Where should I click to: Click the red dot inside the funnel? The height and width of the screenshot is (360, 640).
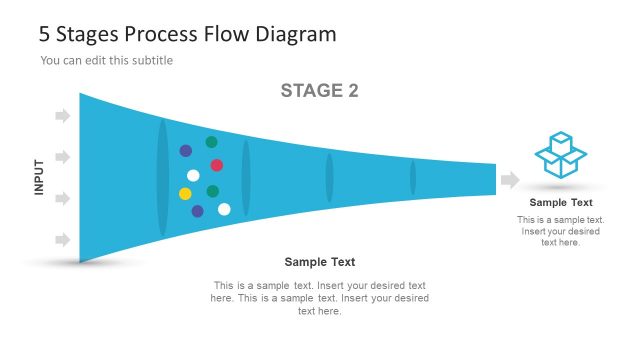pyautogui.click(x=217, y=165)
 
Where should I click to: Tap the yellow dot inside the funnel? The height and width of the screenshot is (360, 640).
pyautogui.click(x=185, y=193)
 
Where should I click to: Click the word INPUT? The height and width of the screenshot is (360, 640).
pyautogui.click(x=40, y=177)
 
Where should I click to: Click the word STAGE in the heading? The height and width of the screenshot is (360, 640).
pyautogui.click(x=309, y=91)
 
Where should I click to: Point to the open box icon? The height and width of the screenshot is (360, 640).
pyautogui.click(x=561, y=155)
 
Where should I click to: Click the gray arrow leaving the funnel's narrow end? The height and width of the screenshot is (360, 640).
pyautogui.click(x=510, y=180)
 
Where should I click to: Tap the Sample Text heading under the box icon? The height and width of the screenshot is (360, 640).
pyautogui.click(x=561, y=202)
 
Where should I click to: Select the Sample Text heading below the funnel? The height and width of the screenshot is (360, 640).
pyautogui.click(x=320, y=262)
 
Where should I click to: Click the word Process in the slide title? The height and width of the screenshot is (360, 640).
pyautogui.click(x=152, y=34)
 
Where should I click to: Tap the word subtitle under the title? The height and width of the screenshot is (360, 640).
pyautogui.click(x=151, y=60)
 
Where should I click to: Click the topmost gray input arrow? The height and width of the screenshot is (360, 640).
pyautogui.click(x=63, y=116)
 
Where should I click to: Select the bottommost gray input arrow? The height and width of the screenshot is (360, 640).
pyautogui.click(x=63, y=240)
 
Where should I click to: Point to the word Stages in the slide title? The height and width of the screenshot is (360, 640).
pyautogui.click(x=84, y=34)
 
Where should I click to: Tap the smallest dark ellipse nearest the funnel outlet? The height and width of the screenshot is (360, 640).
pyautogui.click(x=413, y=177)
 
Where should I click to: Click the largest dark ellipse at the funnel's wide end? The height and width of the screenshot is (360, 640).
pyautogui.click(x=163, y=178)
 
